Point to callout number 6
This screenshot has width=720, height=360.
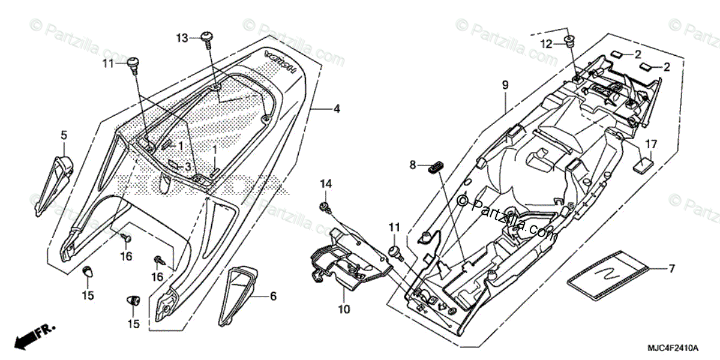click(x=273, y=296)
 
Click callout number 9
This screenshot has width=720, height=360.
click(x=505, y=85)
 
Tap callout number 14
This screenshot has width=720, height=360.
click(x=325, y=183)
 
